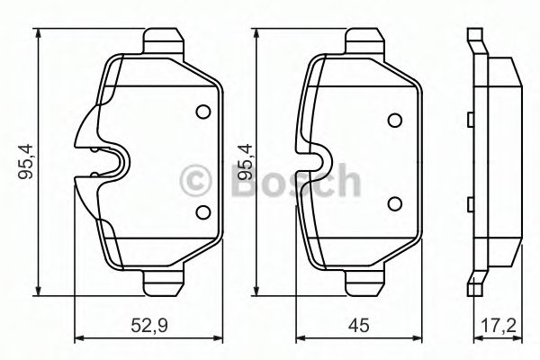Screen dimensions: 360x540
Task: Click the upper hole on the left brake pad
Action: coord(202,112)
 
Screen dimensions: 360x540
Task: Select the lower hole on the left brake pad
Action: coord(202,212)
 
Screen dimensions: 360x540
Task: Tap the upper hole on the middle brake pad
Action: coord(394,121)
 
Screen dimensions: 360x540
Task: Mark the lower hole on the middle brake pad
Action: coord(394,203)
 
